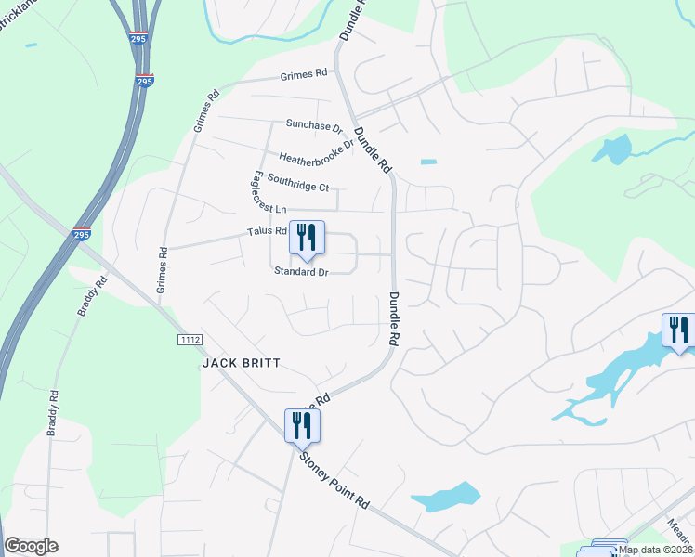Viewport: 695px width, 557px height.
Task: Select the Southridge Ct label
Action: [297, 182]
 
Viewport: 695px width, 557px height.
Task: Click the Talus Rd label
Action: [267, 231]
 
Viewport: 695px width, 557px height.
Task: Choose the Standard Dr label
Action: [301, 272]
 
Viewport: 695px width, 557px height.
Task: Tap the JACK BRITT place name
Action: [241, 363]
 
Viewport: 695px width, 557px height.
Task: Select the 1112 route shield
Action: [190, 341]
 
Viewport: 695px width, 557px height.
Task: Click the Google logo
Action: [31, 546]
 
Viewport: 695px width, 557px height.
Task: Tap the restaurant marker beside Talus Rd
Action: [307, 238]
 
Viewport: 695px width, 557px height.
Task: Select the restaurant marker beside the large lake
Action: [677, 330]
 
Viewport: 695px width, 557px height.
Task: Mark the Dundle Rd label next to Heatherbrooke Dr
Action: [375, 149]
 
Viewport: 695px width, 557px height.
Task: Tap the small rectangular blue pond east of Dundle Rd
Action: [428, 162]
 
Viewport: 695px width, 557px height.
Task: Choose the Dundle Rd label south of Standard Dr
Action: [393, 320]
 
